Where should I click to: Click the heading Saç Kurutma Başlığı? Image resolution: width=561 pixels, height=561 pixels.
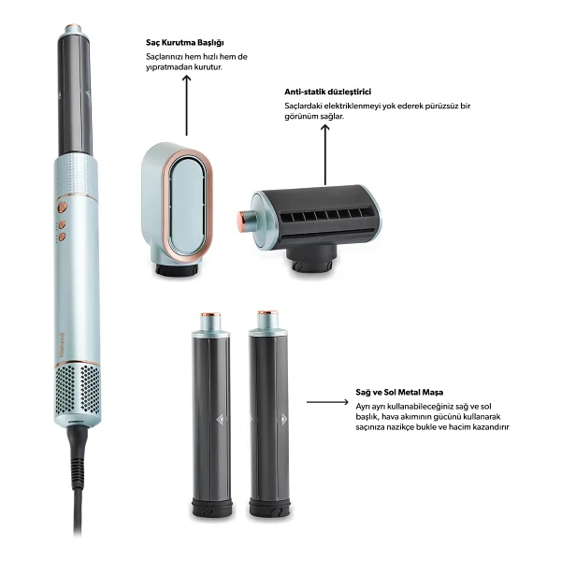(185, 43)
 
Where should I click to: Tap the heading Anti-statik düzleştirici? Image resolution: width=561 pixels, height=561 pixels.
(328, 92)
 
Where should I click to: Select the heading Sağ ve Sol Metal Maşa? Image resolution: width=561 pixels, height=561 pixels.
(399, 392)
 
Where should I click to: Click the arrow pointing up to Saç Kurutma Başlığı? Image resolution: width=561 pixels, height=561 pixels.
(186, 106)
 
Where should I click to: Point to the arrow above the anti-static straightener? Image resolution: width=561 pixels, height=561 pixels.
(324, 154)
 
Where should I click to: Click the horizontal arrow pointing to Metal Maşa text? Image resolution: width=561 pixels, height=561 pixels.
(327, 402)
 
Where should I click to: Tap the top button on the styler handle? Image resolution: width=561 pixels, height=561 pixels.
(63, 207)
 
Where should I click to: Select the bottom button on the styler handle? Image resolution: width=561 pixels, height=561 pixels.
(62, 237)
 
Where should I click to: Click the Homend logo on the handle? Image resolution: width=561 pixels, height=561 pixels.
(61, 344)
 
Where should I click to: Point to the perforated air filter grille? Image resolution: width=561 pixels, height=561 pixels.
(78, 389)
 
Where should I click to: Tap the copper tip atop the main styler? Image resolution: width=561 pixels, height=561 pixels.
(74, 27)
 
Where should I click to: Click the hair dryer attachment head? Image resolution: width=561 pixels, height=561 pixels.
(177, 209)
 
